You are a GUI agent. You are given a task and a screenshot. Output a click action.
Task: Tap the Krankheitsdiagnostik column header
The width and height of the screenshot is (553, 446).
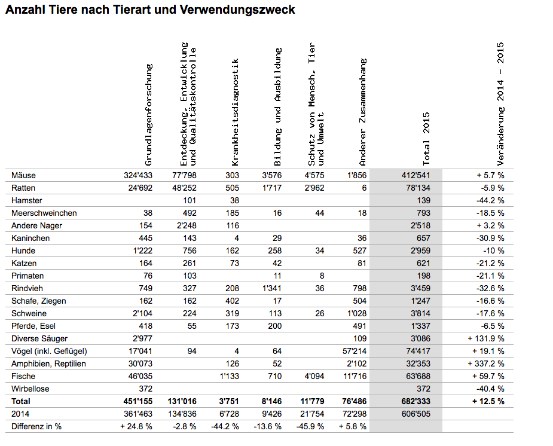tap(235, 112)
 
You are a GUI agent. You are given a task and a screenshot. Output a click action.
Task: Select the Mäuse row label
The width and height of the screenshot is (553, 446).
tap(23, 175)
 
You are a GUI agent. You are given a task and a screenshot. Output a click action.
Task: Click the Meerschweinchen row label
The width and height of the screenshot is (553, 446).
tap(44, 213)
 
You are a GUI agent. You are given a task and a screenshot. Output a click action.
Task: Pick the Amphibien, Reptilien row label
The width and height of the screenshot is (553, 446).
tap(48, 363)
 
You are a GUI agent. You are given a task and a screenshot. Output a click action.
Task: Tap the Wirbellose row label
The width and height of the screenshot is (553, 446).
tap(31, 389)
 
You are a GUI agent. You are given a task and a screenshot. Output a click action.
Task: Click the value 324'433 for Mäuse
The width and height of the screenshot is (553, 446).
tap(136, 175)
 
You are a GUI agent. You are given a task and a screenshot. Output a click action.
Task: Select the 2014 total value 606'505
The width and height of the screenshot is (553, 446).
tap(414, 414)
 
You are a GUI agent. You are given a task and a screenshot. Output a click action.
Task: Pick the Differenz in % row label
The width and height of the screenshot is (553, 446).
tap(36, 426)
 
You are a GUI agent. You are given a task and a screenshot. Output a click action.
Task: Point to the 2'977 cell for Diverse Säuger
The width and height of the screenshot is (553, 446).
tap(141, 338)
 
